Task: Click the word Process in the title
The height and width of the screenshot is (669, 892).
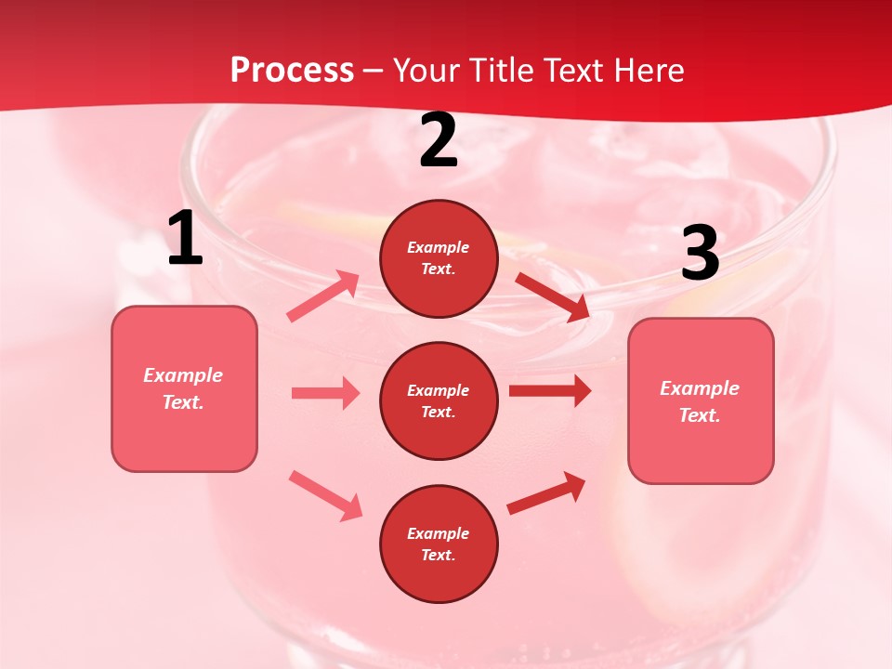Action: [292, 71]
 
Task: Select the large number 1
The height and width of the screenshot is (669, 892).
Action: [185, 239]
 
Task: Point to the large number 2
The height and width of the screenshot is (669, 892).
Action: [439, 141]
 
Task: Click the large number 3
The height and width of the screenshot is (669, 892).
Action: [700, 253]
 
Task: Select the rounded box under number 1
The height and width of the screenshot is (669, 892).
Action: [184, 388]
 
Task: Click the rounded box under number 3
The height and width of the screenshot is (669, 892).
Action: [701, 400]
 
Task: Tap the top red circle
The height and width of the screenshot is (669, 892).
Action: [439, 258]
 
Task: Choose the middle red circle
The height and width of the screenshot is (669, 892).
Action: [439, 400]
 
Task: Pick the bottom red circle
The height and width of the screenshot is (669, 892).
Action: [439, 544]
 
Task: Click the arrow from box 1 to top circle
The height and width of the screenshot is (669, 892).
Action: [323, 296]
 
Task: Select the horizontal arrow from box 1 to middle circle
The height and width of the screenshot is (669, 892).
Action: [325, 393]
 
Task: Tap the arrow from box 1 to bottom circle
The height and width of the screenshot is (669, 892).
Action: [325, 495]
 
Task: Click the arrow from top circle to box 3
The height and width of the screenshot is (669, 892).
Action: [553, 296]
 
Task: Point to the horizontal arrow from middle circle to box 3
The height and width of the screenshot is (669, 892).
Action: [550, 390]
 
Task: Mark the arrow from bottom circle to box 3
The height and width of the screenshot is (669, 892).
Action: [546, 492]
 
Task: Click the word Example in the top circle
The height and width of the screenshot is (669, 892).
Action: [439, 247]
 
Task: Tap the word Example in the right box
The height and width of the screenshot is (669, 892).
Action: [700, 388]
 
